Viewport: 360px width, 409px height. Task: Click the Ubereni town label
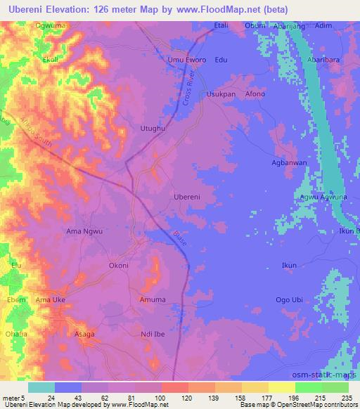(188, 197)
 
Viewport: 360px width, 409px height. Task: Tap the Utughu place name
(153, 129)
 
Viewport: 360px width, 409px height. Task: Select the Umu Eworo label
(186, 60)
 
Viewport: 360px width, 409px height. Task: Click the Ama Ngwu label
(84, 231)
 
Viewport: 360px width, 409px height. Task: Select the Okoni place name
(118, 266)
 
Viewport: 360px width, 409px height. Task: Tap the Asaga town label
(84, 335)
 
